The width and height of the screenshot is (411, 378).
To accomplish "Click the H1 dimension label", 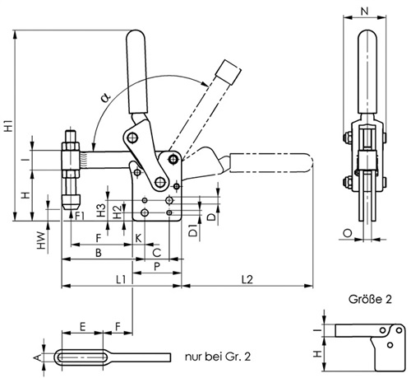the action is tap(9, 125).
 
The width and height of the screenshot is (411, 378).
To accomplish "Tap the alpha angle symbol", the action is tap(105, 97).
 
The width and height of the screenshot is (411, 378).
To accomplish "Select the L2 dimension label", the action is tap(247, 280).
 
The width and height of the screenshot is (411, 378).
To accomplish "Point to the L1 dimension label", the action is tap(121, 280).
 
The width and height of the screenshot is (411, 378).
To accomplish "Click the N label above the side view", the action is tap(364, 12).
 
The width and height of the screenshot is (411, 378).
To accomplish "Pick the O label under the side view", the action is tap(348, 233).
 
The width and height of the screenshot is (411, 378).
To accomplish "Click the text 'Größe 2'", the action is tap(370, 299).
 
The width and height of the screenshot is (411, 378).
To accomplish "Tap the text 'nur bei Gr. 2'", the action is tap(218, 357).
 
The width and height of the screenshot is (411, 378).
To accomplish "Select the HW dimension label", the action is tap(41, 240).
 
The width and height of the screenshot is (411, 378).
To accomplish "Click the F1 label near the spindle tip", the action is tap(80, 216).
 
